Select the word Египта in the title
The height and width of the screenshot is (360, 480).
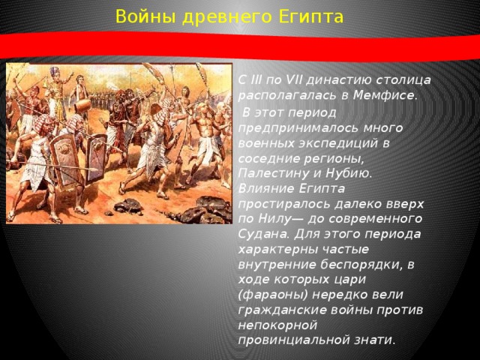click(311, 16)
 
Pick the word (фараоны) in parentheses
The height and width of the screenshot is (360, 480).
click(271, 293)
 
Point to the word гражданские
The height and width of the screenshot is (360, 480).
click(277, 308)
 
